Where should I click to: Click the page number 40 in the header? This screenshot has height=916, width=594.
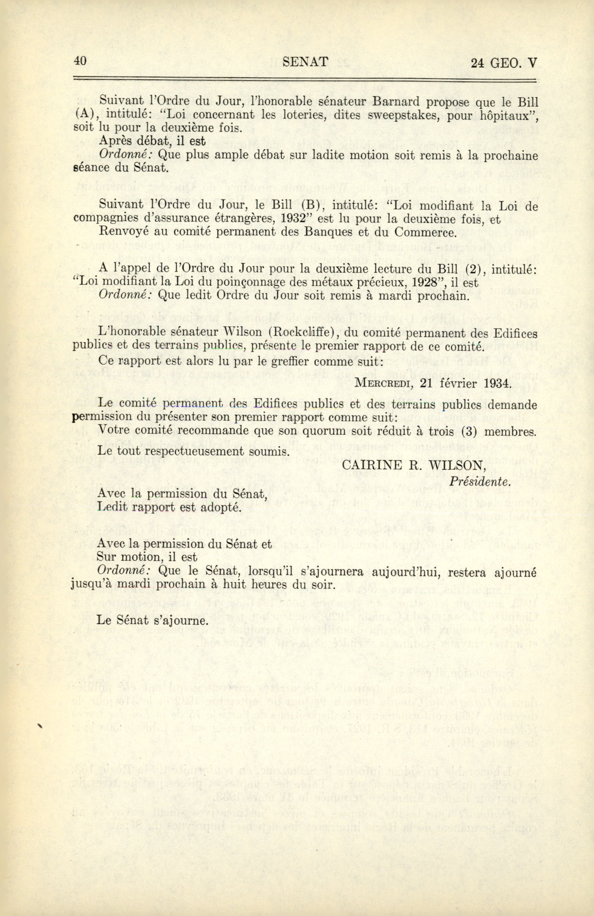click(x=80, y=61)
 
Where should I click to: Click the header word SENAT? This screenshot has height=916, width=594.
click(x=305, y=61)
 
